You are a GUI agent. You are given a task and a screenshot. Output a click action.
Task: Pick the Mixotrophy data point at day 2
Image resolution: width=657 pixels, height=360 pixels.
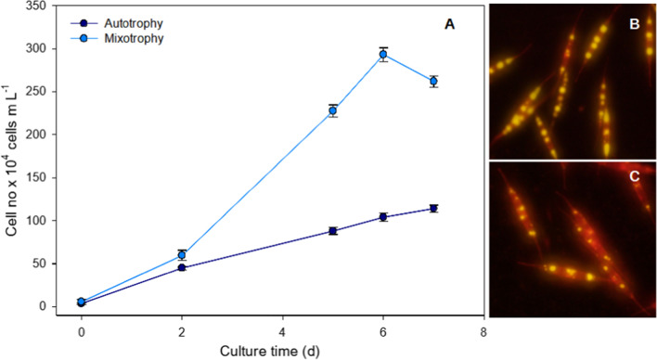tap(182, 255)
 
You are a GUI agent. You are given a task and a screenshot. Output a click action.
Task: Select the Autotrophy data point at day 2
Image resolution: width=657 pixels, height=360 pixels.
tap(182, 267)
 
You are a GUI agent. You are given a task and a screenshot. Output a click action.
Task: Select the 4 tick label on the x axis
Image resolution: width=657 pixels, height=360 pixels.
tap(282, 330)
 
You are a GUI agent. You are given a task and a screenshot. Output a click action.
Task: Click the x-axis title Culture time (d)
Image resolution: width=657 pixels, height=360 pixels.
tap(282, 350)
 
